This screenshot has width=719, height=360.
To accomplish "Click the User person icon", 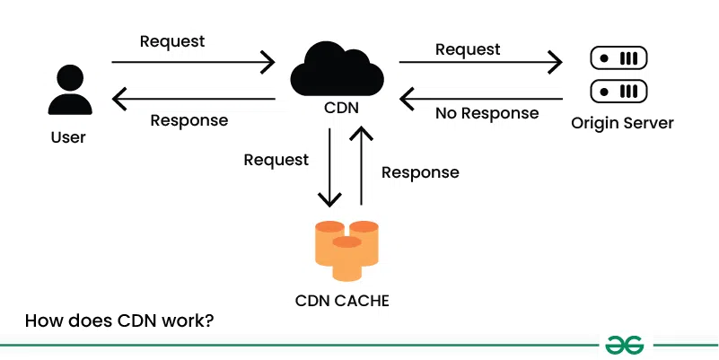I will (71, 90).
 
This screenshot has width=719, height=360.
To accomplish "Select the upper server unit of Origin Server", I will (618, 59).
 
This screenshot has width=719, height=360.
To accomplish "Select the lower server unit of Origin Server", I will (618, 92).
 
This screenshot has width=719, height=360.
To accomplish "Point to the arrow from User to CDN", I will (193, 62).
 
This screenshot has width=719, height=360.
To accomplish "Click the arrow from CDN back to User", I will (193, 98).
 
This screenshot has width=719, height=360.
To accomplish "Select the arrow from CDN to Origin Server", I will (480, 62).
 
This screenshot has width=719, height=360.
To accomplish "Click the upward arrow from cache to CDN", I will (362, 166).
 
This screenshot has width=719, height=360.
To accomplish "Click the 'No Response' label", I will (487, 114).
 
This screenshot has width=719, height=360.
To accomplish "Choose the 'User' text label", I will (69, 138).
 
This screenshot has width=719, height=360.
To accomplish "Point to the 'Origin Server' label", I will (622, 122).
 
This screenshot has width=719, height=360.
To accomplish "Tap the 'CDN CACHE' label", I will (342, 301).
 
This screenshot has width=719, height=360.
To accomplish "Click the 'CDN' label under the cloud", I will (342, 109).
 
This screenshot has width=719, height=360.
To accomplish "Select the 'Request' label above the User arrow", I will (172, 41).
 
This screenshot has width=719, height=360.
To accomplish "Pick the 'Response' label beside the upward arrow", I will (420, 172).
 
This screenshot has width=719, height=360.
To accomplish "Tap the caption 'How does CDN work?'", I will (118, 320).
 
